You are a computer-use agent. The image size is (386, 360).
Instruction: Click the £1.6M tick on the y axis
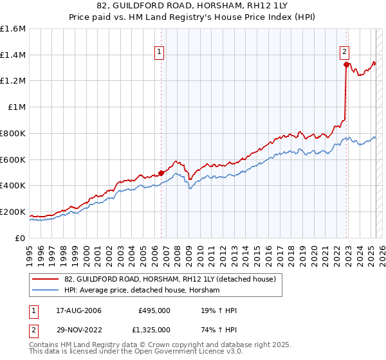click(x=12, y=29)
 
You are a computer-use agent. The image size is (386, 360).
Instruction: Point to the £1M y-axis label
click(x=16, y=107)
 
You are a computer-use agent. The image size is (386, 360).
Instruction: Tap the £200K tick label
click(x=12, y=212)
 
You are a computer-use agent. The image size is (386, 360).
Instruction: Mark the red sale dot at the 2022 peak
click(x=347, y=64)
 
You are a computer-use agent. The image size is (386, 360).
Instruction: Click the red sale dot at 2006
click(x=161, y=173)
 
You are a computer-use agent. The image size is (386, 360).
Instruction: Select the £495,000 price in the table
click(x=154, y=310)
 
